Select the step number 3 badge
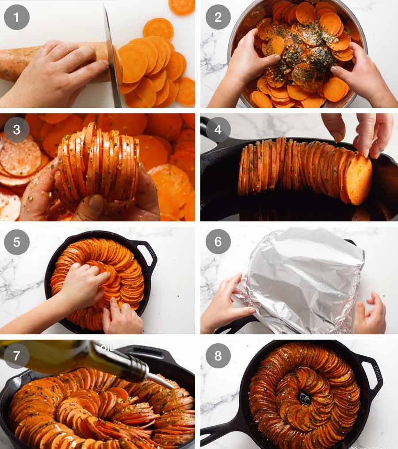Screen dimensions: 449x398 [17, 130]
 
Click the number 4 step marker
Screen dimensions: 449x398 [218, 130]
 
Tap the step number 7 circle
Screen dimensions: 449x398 [17, 356]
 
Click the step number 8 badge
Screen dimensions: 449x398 [218, 356]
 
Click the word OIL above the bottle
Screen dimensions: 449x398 [107, 348]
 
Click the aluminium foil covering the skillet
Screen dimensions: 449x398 [301, 279]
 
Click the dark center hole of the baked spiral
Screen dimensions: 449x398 [305, 398]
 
